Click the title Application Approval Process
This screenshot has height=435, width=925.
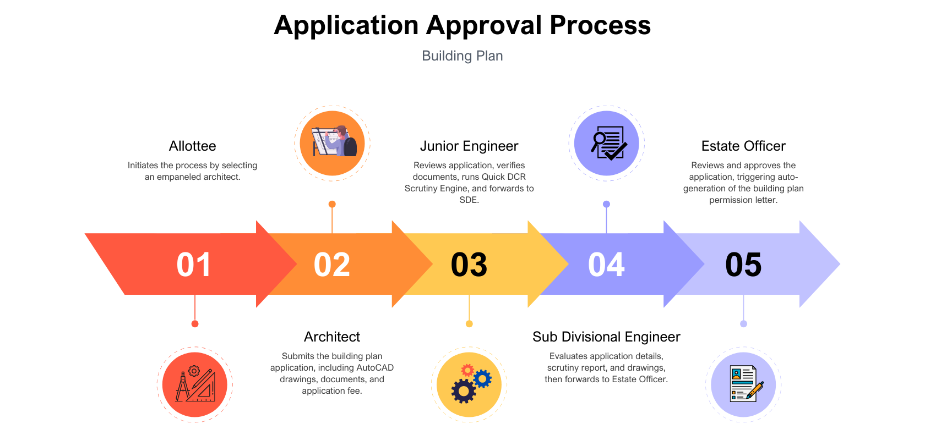(x=462, y=25)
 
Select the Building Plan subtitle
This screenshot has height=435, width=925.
(x=462, y=56)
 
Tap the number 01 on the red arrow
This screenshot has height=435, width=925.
(x=194, y=265)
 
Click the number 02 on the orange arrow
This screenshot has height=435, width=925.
(x=331, y=265)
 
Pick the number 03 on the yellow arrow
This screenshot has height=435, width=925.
(x=469, y=265)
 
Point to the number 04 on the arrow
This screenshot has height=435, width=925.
(x=606, y=265)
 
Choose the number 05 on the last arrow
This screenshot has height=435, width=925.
(x=743, y=265)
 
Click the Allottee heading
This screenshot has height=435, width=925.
(x=192, y=146)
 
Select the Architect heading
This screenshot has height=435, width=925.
(x=331, y=337)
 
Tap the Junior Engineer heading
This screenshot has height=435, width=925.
(x=469, y=146)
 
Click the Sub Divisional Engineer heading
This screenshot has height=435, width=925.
(x=606, y=337)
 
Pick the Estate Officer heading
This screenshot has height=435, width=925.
(x=743, y=146)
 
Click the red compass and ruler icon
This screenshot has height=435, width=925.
(x=195, y=384)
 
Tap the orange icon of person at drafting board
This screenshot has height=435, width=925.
(x=332, y=143)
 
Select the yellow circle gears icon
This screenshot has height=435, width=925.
(x=469, y=384)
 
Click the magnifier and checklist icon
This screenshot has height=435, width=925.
(x=606, y=143)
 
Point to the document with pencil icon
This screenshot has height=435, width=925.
(x=743, y=384)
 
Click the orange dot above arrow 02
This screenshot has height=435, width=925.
(x=332, y=204)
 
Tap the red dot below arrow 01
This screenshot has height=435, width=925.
(x=195, y=324)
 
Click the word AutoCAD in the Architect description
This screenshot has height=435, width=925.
(x=375, y=368)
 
